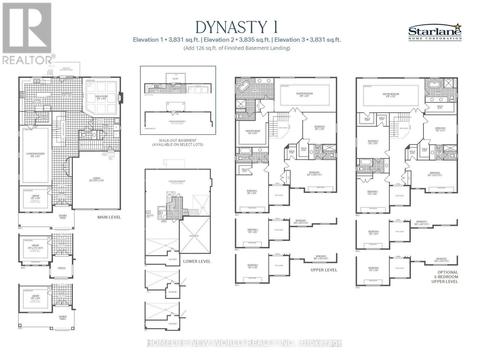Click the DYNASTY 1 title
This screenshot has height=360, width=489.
tap(237, 27)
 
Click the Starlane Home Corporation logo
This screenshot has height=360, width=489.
tap(435, 32)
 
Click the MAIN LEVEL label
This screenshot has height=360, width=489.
tap(109, 217)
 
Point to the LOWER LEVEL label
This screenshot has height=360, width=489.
tap(197, 262)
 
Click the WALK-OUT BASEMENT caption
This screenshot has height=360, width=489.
tap(177, 142)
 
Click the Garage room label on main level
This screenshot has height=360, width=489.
tap(97, 179)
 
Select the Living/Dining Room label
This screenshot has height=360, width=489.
tap(35, 155)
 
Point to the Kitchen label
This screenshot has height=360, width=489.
tap(37, 101)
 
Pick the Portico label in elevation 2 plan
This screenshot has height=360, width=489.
tap(62, 268)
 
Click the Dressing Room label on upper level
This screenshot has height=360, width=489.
tap(252, 132)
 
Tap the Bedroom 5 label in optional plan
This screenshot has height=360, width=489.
tap(373, 142)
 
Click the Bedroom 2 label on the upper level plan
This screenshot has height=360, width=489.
tap(319, 127)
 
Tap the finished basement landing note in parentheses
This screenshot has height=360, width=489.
tap(237, 48)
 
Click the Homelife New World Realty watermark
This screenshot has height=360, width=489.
tap(244, 343)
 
